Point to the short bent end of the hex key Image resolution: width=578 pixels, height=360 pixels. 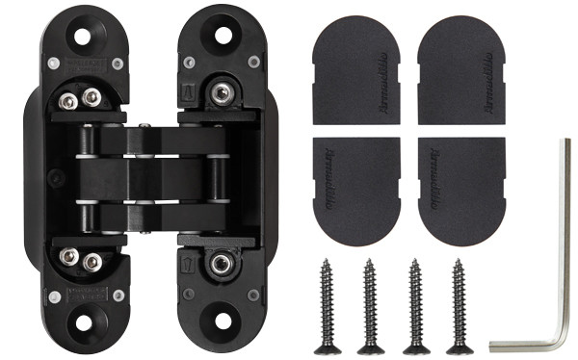pyautogui.click(x=520, y=344)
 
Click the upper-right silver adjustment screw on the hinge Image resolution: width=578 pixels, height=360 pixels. pyautogui.click(x=222, y=94)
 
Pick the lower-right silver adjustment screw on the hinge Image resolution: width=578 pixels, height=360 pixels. pyautogui.click(x=222, y=262)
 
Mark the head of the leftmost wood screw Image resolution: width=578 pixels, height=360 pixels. pyautogui.click(x=328, y=347)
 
